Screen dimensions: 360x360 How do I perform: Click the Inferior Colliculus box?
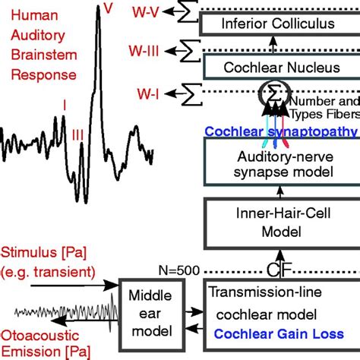click(x=277, y=24)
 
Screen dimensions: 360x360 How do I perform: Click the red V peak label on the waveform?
click(x=109, y=9)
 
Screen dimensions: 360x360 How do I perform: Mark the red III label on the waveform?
click(x=77, y=134)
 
